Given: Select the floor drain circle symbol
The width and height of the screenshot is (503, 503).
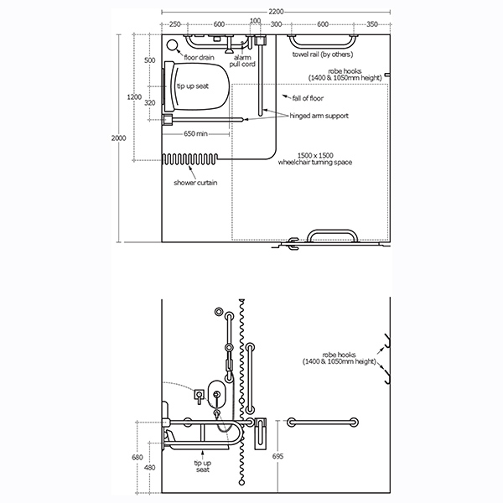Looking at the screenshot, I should [174, 46].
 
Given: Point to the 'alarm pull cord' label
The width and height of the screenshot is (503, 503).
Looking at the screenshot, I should [245, 61].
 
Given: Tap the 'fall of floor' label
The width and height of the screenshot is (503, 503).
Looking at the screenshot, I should [309, 98].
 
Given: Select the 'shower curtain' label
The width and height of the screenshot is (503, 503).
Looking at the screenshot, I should [194, 182].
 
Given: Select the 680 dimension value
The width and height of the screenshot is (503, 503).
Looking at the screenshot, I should [137, 457].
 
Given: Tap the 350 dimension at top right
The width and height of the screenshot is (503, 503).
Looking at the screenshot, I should [371, 23].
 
